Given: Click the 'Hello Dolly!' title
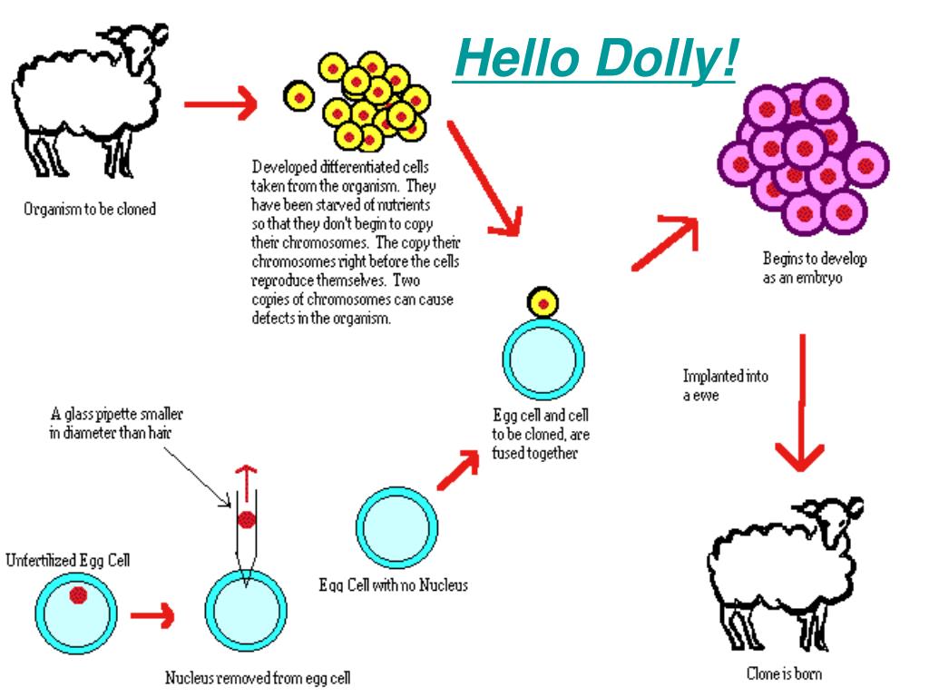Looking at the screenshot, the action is click(x=594, y=60).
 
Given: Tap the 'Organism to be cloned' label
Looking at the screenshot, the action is click(x=89, y=210).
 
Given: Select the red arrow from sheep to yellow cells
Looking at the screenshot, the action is click(x=220, y=104).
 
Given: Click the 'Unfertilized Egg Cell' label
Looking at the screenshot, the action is click(x=67, y=560).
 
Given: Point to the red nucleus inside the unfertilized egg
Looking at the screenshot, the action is click(x=78, y=594).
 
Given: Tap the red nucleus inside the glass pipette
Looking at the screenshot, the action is click(x=246, y=520).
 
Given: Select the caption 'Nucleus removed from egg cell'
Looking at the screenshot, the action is click(x=258, y=678).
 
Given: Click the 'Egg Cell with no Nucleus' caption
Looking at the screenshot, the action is click(x=394, y=585).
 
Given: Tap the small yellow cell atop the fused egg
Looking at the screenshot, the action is click(x=543, y=302).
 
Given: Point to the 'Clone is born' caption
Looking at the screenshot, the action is click(x=784, y=673).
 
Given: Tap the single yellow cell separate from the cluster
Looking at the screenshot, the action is click(x=299, y=97).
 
